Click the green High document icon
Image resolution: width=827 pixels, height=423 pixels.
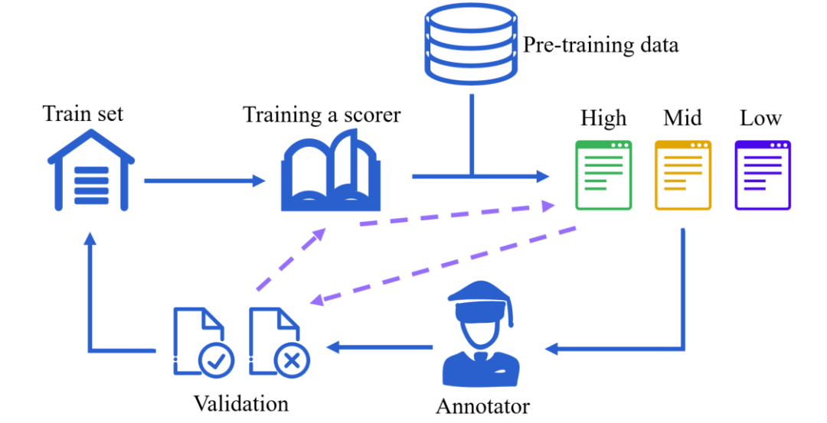pyautogui.click(x=603, y=174)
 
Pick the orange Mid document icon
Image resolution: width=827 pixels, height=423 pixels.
pyautogui.click(x=683, y=174)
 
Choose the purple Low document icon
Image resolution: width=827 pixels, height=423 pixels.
pyautogui.click(x=763, y=174)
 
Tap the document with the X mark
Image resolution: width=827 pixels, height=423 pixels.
pyautogui.click(x=279, y=341)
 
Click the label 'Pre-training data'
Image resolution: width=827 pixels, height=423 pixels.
pyautogui.click(x=600, y=45)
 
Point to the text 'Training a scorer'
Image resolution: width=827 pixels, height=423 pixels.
pyautogui.click(x=322, y=115)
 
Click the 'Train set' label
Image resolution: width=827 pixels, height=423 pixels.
pyautogui.click(x=83, y=114)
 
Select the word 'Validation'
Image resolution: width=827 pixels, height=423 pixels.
pyautogui.click(x=241, y=403)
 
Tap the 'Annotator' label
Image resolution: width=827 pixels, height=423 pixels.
pyautogui.click(x=482, y=405)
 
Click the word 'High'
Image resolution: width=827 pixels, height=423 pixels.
pyautogui.click(x=603, y=119)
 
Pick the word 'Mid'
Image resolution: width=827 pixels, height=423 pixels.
pyautogui.click(x=682, y=119)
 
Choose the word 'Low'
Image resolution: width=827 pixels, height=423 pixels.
pyautogui.click(x=760, y=119)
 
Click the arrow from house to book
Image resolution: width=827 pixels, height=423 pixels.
pyautogui.click(x=204, y=181)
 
